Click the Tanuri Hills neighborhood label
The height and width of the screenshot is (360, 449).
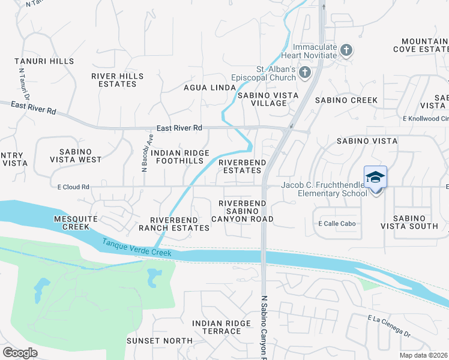pyautogui.click(x=45, y=61)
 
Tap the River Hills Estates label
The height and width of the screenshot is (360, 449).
pyautogui.click(x=118, y=80)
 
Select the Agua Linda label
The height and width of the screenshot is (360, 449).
pyautogui.click(x=209, y=88)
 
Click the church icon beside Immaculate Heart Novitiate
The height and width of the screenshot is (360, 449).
pyautogui.click(x=346, y=50)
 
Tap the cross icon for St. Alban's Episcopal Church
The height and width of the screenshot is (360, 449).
pyautogui.click(x=304, y=73)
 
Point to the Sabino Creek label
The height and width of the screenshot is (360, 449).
pyautogui.click(x=346, y=100)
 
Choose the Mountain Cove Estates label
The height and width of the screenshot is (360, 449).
pyautogui.click(x=420, y=46)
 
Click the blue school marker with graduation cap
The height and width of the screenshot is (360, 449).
pyautogui.click(x=376, y=177)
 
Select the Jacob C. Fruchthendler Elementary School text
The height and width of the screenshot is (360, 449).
pyautogui.click(x=324, y=190)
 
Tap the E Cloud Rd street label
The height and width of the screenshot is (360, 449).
pyautogui.click(x=73, y=187)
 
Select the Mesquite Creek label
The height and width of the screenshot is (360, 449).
pyautogui.click(x=71, y=223)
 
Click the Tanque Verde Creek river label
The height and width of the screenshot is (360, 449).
pyautogui.click(x=136, y=248)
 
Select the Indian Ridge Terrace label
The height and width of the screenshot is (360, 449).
pyautogui.click(x=221, y=327)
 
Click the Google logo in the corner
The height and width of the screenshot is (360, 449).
pyautogui.click(x=20, y=352)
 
